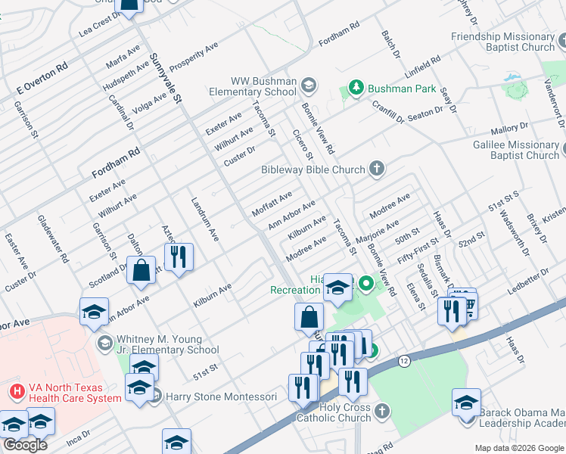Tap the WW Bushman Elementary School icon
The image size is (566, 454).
(x=308, y=84)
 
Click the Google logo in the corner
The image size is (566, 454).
(x=25, y=444)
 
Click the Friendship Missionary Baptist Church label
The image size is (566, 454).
(x=503, y=42)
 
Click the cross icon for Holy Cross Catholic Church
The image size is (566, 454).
(x=382, y=411)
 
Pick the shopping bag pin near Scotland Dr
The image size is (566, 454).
(x=141, y=270)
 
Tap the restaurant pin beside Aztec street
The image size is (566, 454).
(x=179, y=257)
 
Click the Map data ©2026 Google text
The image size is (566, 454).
(x=518, y=448)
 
